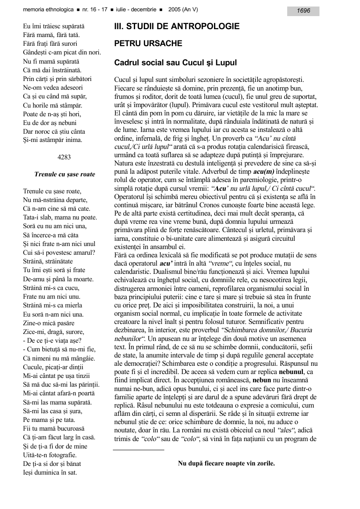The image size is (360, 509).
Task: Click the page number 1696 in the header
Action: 303,10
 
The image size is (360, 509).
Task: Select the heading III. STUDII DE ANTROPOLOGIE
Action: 177,27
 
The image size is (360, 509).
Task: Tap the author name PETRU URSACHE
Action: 148,44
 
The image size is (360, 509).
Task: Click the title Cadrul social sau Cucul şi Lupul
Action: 175,63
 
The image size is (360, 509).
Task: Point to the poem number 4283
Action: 64,157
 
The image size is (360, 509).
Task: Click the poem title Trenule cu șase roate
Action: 65,174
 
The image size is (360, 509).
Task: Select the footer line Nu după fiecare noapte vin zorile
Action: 226,463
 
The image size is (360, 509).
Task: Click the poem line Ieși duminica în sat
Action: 50,472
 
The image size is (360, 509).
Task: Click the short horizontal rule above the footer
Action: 139,450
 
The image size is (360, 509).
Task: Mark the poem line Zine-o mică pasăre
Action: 49,323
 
